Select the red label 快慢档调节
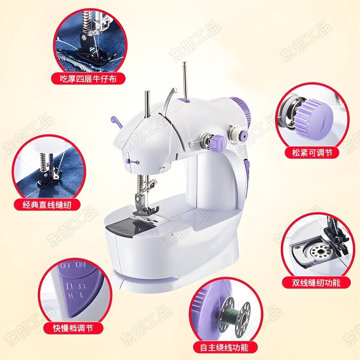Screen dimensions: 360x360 (x=72, y=328)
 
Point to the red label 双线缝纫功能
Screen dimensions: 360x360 (x=315, y=283)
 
